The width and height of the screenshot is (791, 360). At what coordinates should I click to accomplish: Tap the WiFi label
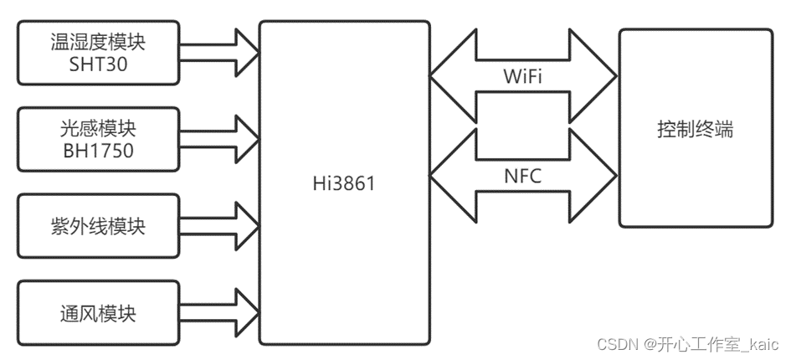pos(523,77)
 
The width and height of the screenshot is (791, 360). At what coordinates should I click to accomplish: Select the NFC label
pos(523,176)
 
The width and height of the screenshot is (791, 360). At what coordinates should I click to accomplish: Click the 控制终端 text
pos(696,131)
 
